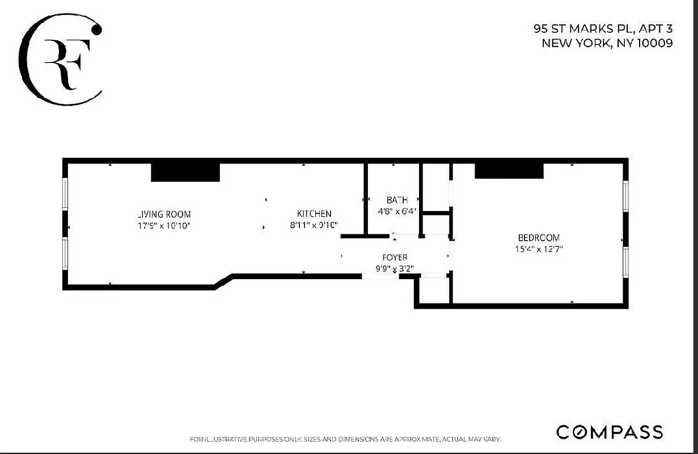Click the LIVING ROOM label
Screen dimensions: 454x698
(x=164, y=215)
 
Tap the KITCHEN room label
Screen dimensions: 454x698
(x=314, y=214)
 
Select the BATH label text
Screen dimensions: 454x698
(x=397, y=200)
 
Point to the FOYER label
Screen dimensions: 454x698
(x=395, y=258)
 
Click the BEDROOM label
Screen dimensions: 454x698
(x=539, y=238)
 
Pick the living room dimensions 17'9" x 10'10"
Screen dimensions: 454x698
(x=164, y=226)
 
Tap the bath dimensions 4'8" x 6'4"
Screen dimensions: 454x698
(x=397, y=211)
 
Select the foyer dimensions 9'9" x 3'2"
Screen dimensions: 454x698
(x=395, y=268)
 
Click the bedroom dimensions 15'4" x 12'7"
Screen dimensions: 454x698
(x=539, y=249)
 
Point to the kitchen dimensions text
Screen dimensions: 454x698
(x=314, y=225)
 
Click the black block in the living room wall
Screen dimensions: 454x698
(x=185, y=172)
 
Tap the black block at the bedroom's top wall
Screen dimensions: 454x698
(x=509, y=170)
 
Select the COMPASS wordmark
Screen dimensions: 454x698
(x=610, y=432)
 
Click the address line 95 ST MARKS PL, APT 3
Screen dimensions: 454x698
(x=603, y=28)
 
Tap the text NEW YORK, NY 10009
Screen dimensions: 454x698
(x=607, y=43)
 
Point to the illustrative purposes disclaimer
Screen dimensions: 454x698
(x=345, y=439)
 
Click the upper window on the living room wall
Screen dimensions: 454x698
(x=65, y=195)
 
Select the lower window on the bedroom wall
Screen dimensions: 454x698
(x=625, y=262)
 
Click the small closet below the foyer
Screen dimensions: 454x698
(x=434, y=290)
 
